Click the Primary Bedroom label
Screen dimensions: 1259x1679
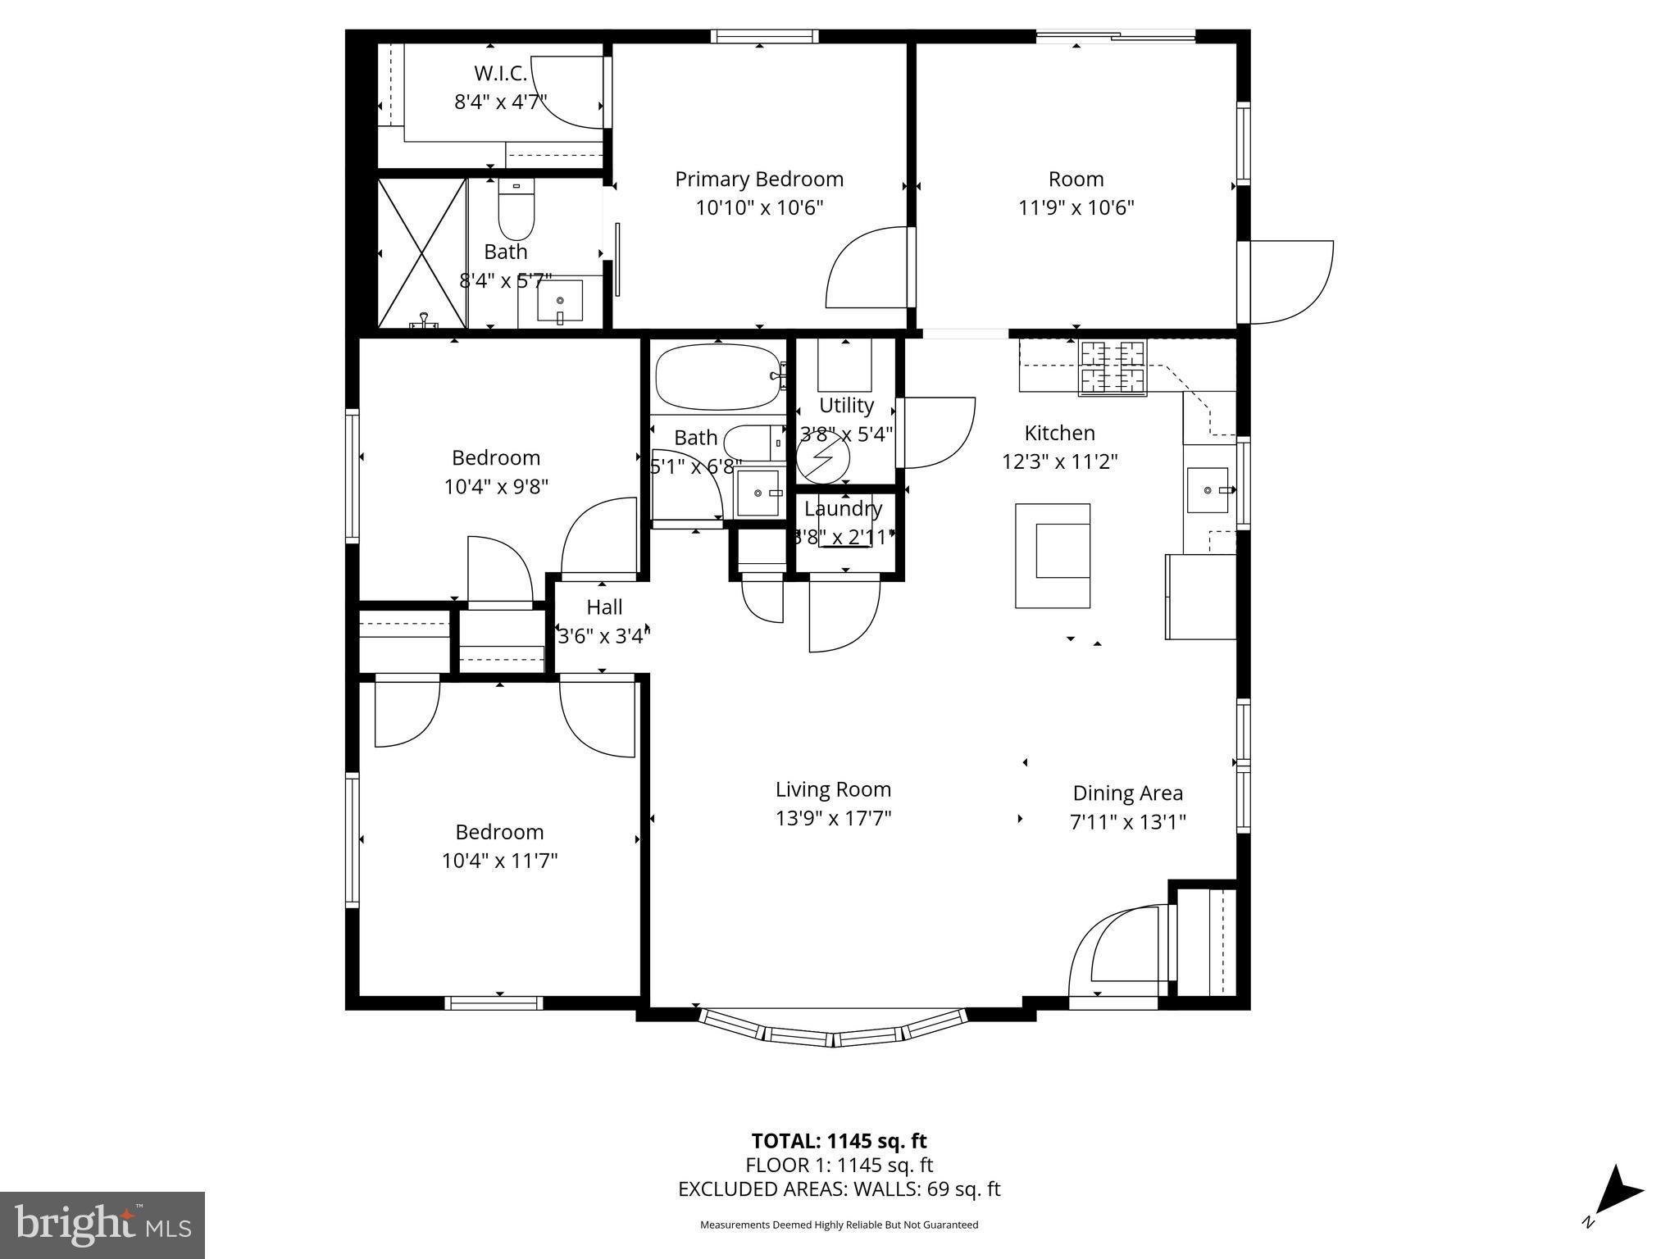(758, 179)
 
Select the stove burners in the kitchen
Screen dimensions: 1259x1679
(1113, 368)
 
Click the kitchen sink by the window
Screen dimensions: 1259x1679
(1208, 489)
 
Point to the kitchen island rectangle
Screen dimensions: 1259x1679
(1053, 556)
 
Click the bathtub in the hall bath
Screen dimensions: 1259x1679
(717, 376)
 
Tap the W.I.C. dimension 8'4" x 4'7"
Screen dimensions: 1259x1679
(500, 102)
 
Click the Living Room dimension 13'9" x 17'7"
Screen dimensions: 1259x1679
(833, 818)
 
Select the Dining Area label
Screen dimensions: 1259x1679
(1127, 793)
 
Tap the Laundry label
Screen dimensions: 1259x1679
(843, 509)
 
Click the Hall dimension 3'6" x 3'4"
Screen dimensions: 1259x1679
(604, 635)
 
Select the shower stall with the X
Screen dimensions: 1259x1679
(421, 252)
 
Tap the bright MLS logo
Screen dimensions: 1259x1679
(102, 1225)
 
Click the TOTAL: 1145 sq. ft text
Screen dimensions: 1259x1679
(839, 1141)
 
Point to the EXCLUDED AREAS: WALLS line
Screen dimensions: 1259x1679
(839, 1189)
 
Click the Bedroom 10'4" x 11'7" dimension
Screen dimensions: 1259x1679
(499, 861)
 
